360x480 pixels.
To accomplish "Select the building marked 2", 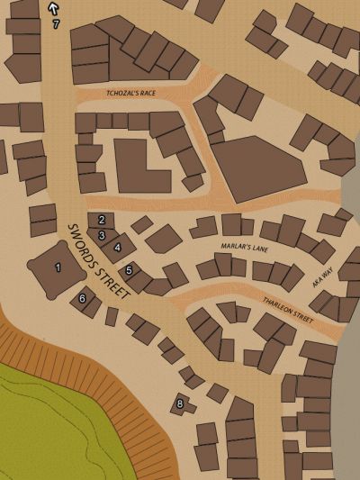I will coord(102,220).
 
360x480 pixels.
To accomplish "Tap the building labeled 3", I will coord(103,235).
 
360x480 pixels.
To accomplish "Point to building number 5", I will coord(130,270).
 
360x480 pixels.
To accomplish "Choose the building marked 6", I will coord(84,298).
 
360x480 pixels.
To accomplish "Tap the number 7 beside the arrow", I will coord(56,24).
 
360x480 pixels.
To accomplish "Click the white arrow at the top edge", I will coord(53,8).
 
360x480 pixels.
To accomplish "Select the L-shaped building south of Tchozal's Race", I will coord(139,166).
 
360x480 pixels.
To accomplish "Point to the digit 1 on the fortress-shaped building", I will coord(58,267).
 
